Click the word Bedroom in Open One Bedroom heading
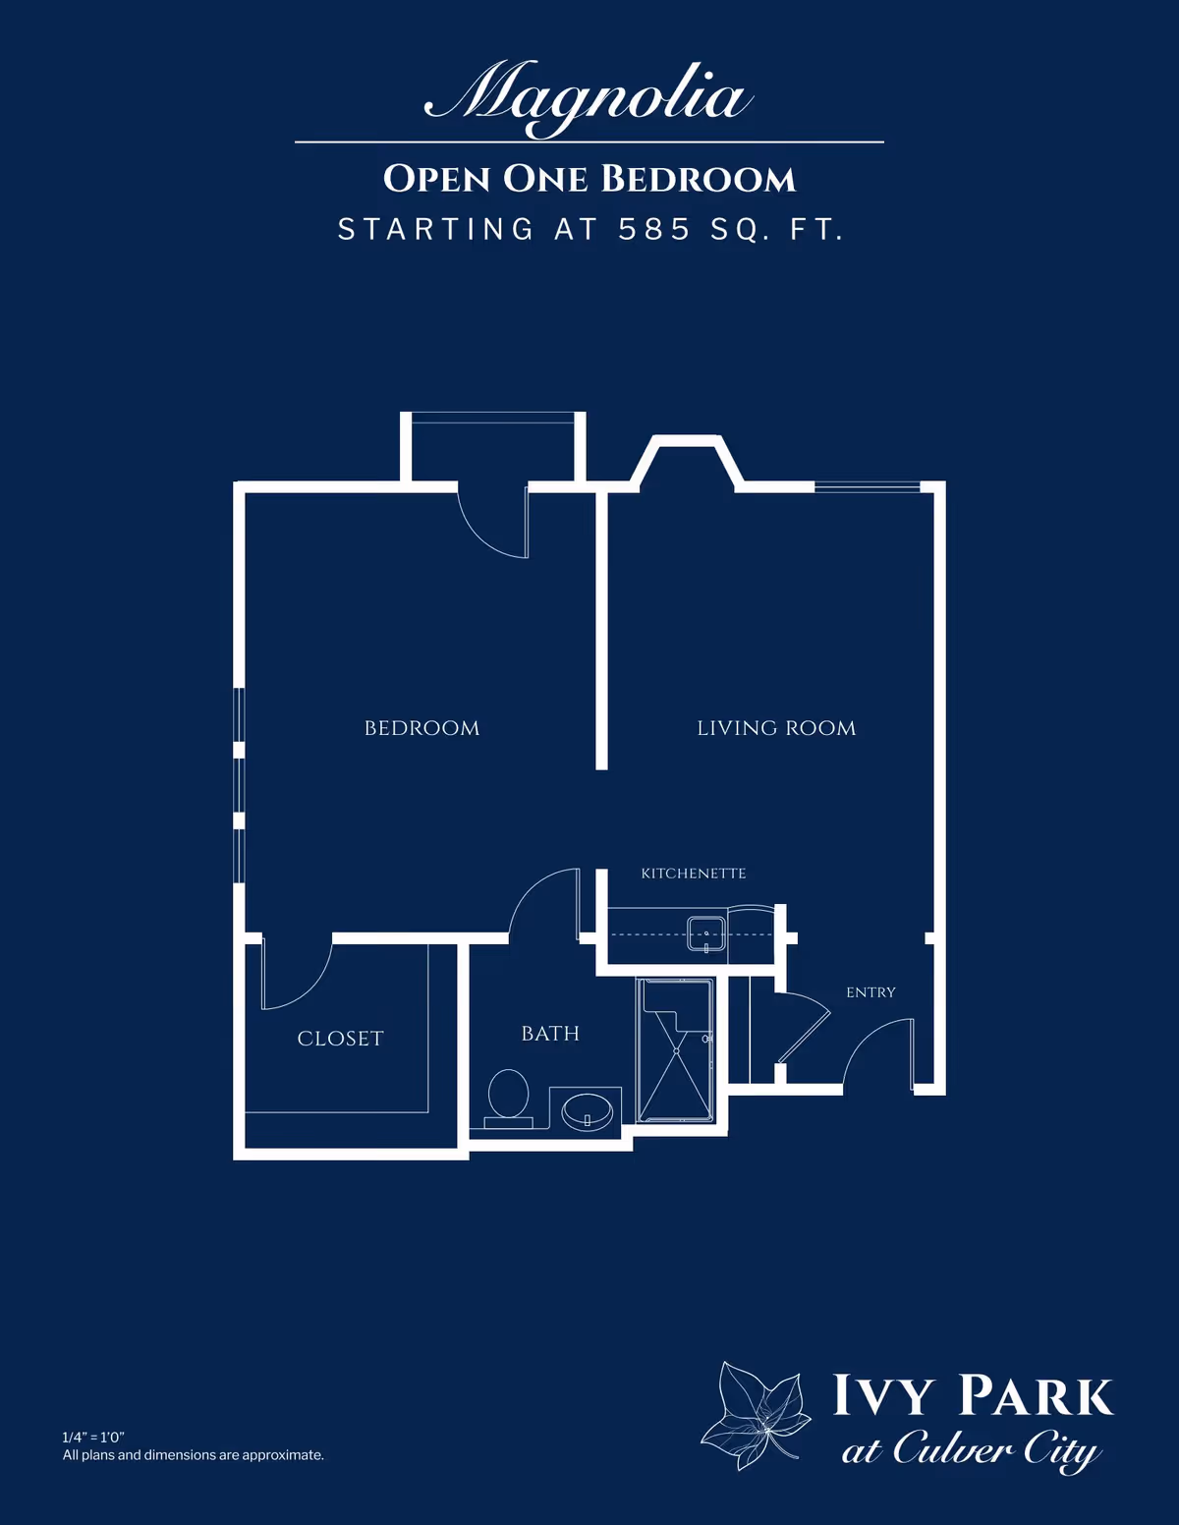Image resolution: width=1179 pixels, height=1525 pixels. pos(698,179)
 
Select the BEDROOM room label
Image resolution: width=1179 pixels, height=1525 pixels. pos(421,728)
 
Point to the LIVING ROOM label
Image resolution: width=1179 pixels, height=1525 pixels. pos(776,728)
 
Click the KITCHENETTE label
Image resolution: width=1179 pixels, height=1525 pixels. pos(694,874)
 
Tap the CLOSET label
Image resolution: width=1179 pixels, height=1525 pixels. pos(340,1039)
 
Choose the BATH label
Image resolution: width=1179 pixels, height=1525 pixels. pos(550,1034)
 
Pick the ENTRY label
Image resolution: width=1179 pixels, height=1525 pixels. pos(870,992)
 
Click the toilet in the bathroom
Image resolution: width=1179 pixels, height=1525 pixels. pos(508,1096)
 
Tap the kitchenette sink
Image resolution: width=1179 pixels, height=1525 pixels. pos(705,933)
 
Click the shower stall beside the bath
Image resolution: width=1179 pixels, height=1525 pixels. pos(676,1049)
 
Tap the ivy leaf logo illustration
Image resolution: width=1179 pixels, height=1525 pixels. pos(755,1415)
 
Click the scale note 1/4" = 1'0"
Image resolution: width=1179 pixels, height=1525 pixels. pos(93,1438)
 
